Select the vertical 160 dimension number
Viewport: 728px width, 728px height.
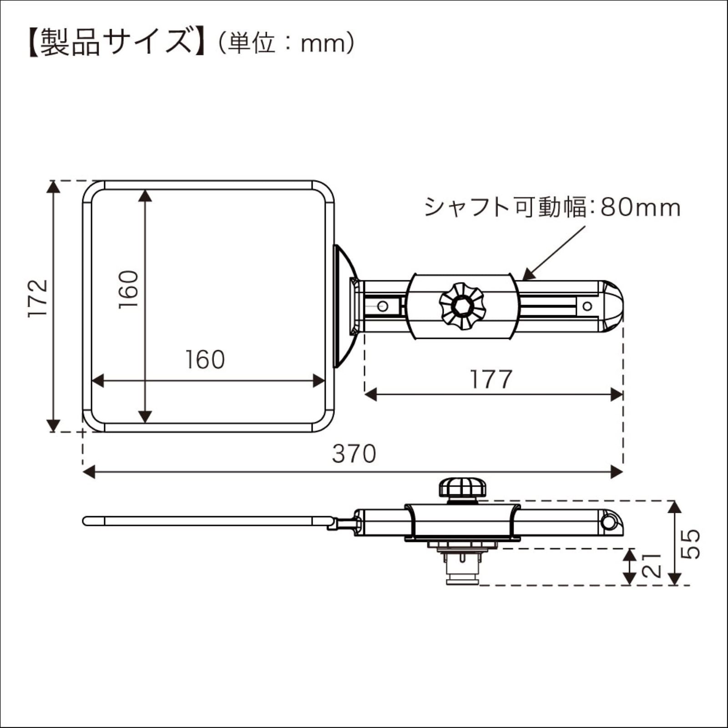point(129,290)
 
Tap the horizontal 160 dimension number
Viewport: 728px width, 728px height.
point(205,360)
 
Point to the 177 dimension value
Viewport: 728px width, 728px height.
point(491,379)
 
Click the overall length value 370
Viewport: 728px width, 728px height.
point(354,454)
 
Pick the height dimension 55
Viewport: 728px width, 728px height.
point(691,543)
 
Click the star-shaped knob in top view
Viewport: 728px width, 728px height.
point(462,306)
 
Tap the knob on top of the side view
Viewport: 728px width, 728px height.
point(462,488)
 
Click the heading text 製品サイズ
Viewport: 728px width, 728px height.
point(116,43)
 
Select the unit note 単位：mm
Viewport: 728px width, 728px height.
point(286,44)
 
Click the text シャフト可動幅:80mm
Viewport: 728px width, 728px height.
point(552,207)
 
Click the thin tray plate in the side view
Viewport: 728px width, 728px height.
point(205,521)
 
